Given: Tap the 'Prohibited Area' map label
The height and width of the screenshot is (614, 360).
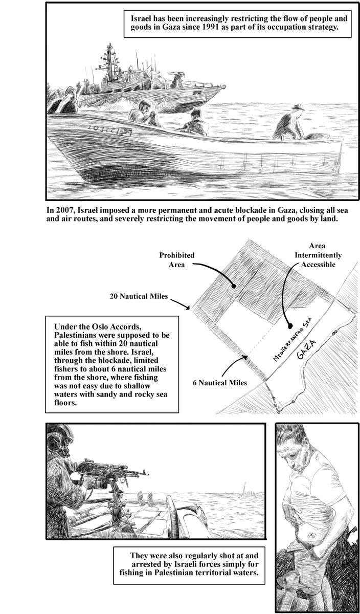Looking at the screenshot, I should tap(176, 260).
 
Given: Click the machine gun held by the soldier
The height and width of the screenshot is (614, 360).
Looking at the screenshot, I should tap(102, 470).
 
